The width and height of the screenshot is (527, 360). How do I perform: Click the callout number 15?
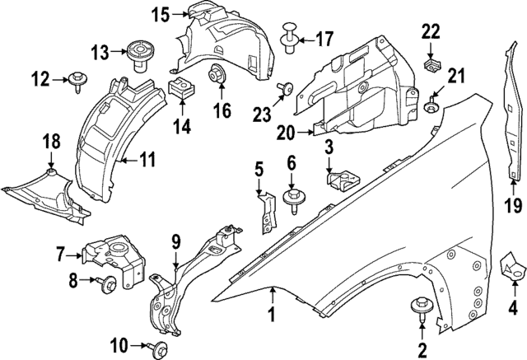coord(160,14)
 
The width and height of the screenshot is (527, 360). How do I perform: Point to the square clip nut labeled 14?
coord(180,89)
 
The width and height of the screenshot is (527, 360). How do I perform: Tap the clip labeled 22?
coord(430,62)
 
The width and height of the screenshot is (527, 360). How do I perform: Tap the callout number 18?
coord(52,143)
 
